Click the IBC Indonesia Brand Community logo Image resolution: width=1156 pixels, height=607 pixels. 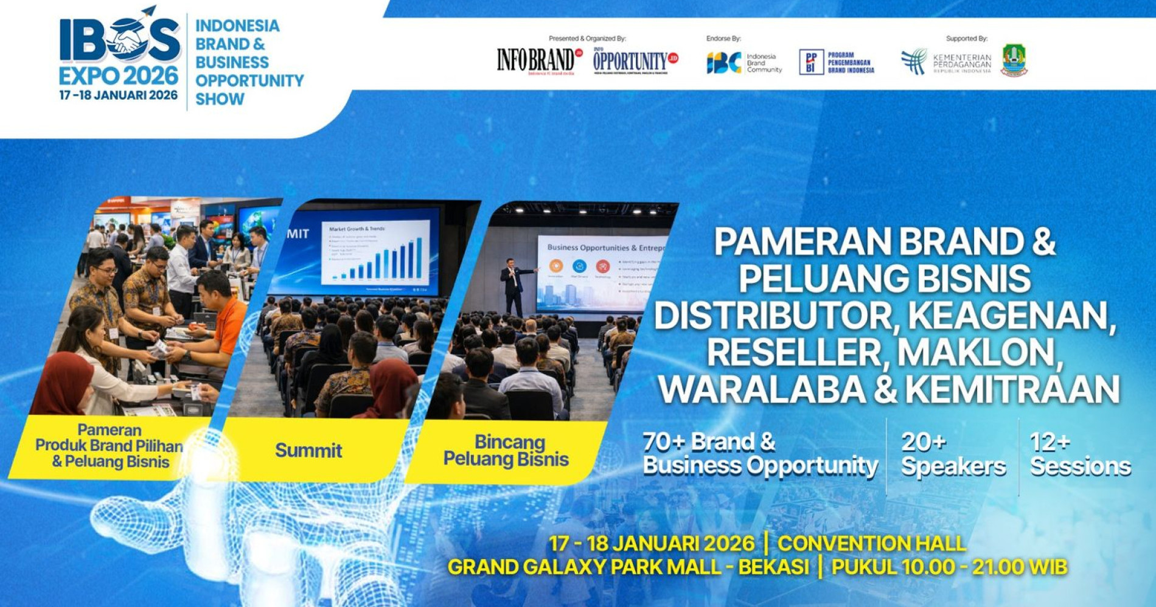coord(743,62)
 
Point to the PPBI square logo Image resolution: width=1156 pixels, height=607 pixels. coord(811,62)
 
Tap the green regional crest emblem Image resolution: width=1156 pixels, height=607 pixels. coord(1014,60)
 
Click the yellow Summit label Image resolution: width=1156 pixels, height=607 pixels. coord(308,451)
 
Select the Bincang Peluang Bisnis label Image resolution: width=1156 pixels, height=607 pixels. coord(506,451)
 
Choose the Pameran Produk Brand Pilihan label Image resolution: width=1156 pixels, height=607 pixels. coord(110,446)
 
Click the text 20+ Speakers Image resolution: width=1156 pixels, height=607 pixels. coord(953,454)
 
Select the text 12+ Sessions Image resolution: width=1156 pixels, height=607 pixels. coord(1080,454)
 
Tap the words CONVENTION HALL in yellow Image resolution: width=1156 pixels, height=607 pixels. coord(871,543)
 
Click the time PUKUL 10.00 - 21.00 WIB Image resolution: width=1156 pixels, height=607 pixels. coord(949,567)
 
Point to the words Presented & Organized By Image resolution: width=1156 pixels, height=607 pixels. coord(587,38)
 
